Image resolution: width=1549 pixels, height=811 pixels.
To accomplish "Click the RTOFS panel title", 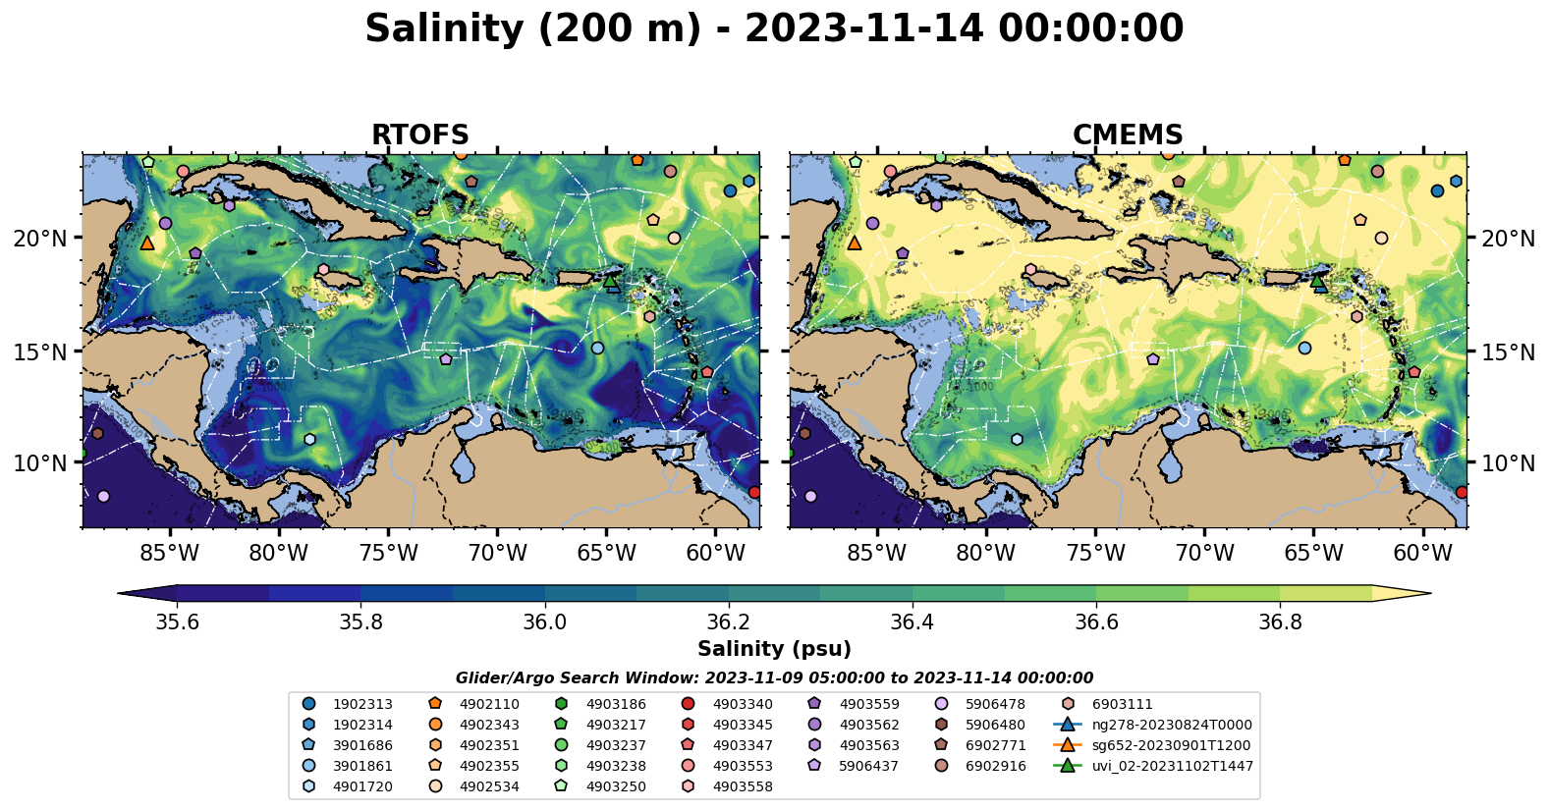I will [x=419, y=135].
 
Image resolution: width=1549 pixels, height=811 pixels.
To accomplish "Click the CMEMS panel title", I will [x=1127, y=135].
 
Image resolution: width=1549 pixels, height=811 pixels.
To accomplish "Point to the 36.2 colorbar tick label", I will [x=728, y=622].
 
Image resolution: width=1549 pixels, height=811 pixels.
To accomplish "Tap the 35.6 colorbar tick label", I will [x=177, y=622].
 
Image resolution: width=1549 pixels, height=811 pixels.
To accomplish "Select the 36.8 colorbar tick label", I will [x=1279, y=622].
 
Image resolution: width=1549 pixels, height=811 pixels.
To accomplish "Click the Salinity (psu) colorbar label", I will [x=774, y=649].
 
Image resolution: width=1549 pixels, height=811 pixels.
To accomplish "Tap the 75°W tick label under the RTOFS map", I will [x=388, y=553].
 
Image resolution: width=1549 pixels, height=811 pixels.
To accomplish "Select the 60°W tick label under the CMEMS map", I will [x=1422, y=553].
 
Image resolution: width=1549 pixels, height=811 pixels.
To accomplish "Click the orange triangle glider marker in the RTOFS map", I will [x=147, y=243].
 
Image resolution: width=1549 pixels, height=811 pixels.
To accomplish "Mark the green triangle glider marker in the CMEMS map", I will [x=1317, y=281].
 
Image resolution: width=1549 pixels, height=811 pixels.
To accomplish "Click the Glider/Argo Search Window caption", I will [x=774, y=677].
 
